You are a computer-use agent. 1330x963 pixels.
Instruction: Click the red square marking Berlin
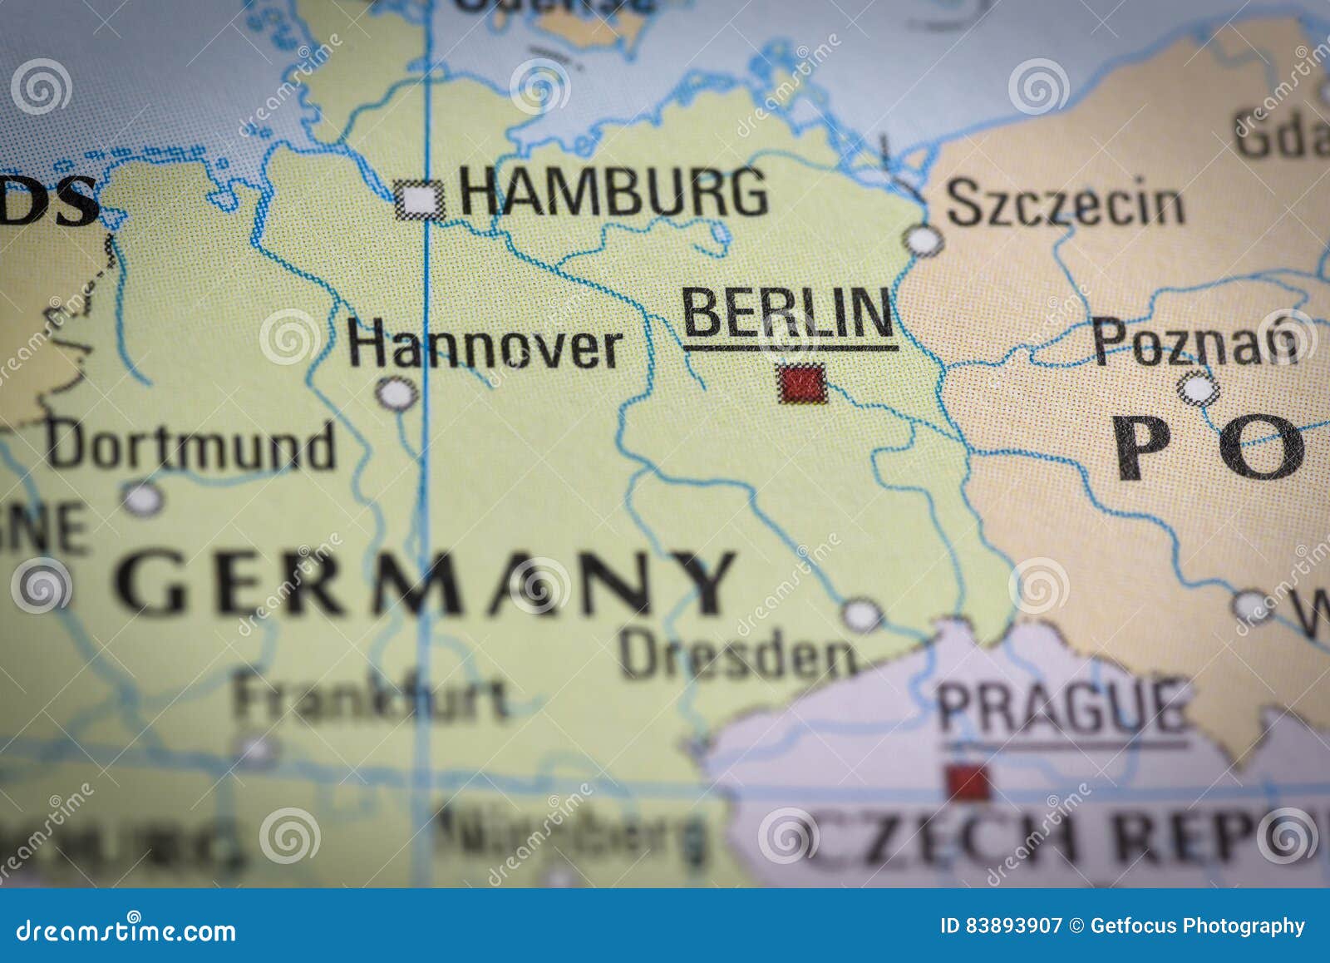pos(801,384)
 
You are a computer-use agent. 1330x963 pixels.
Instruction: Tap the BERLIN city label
pos(788,314)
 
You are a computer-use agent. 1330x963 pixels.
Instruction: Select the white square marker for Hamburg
pos(421,200)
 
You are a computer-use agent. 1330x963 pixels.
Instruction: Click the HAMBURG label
pos(613,193)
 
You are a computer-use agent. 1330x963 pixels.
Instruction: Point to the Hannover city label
pos(485,347)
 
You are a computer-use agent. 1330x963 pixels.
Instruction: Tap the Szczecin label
pos(1066,204)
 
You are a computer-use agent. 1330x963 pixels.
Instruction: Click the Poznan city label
pos(1195,342)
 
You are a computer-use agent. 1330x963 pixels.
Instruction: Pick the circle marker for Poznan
pos(1199,388)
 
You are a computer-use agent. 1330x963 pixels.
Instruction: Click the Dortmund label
pos(191,447)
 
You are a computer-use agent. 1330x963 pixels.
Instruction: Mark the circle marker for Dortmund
pos(144,498)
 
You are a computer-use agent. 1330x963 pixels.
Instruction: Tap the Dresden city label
pos(737,654)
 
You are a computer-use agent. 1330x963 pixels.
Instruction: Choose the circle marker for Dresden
pos(862,615)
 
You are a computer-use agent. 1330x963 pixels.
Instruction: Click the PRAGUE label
pos(1062,708)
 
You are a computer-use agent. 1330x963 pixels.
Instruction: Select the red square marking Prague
pos(967,783)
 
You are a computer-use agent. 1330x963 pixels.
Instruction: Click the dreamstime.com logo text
pos(126,931)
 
